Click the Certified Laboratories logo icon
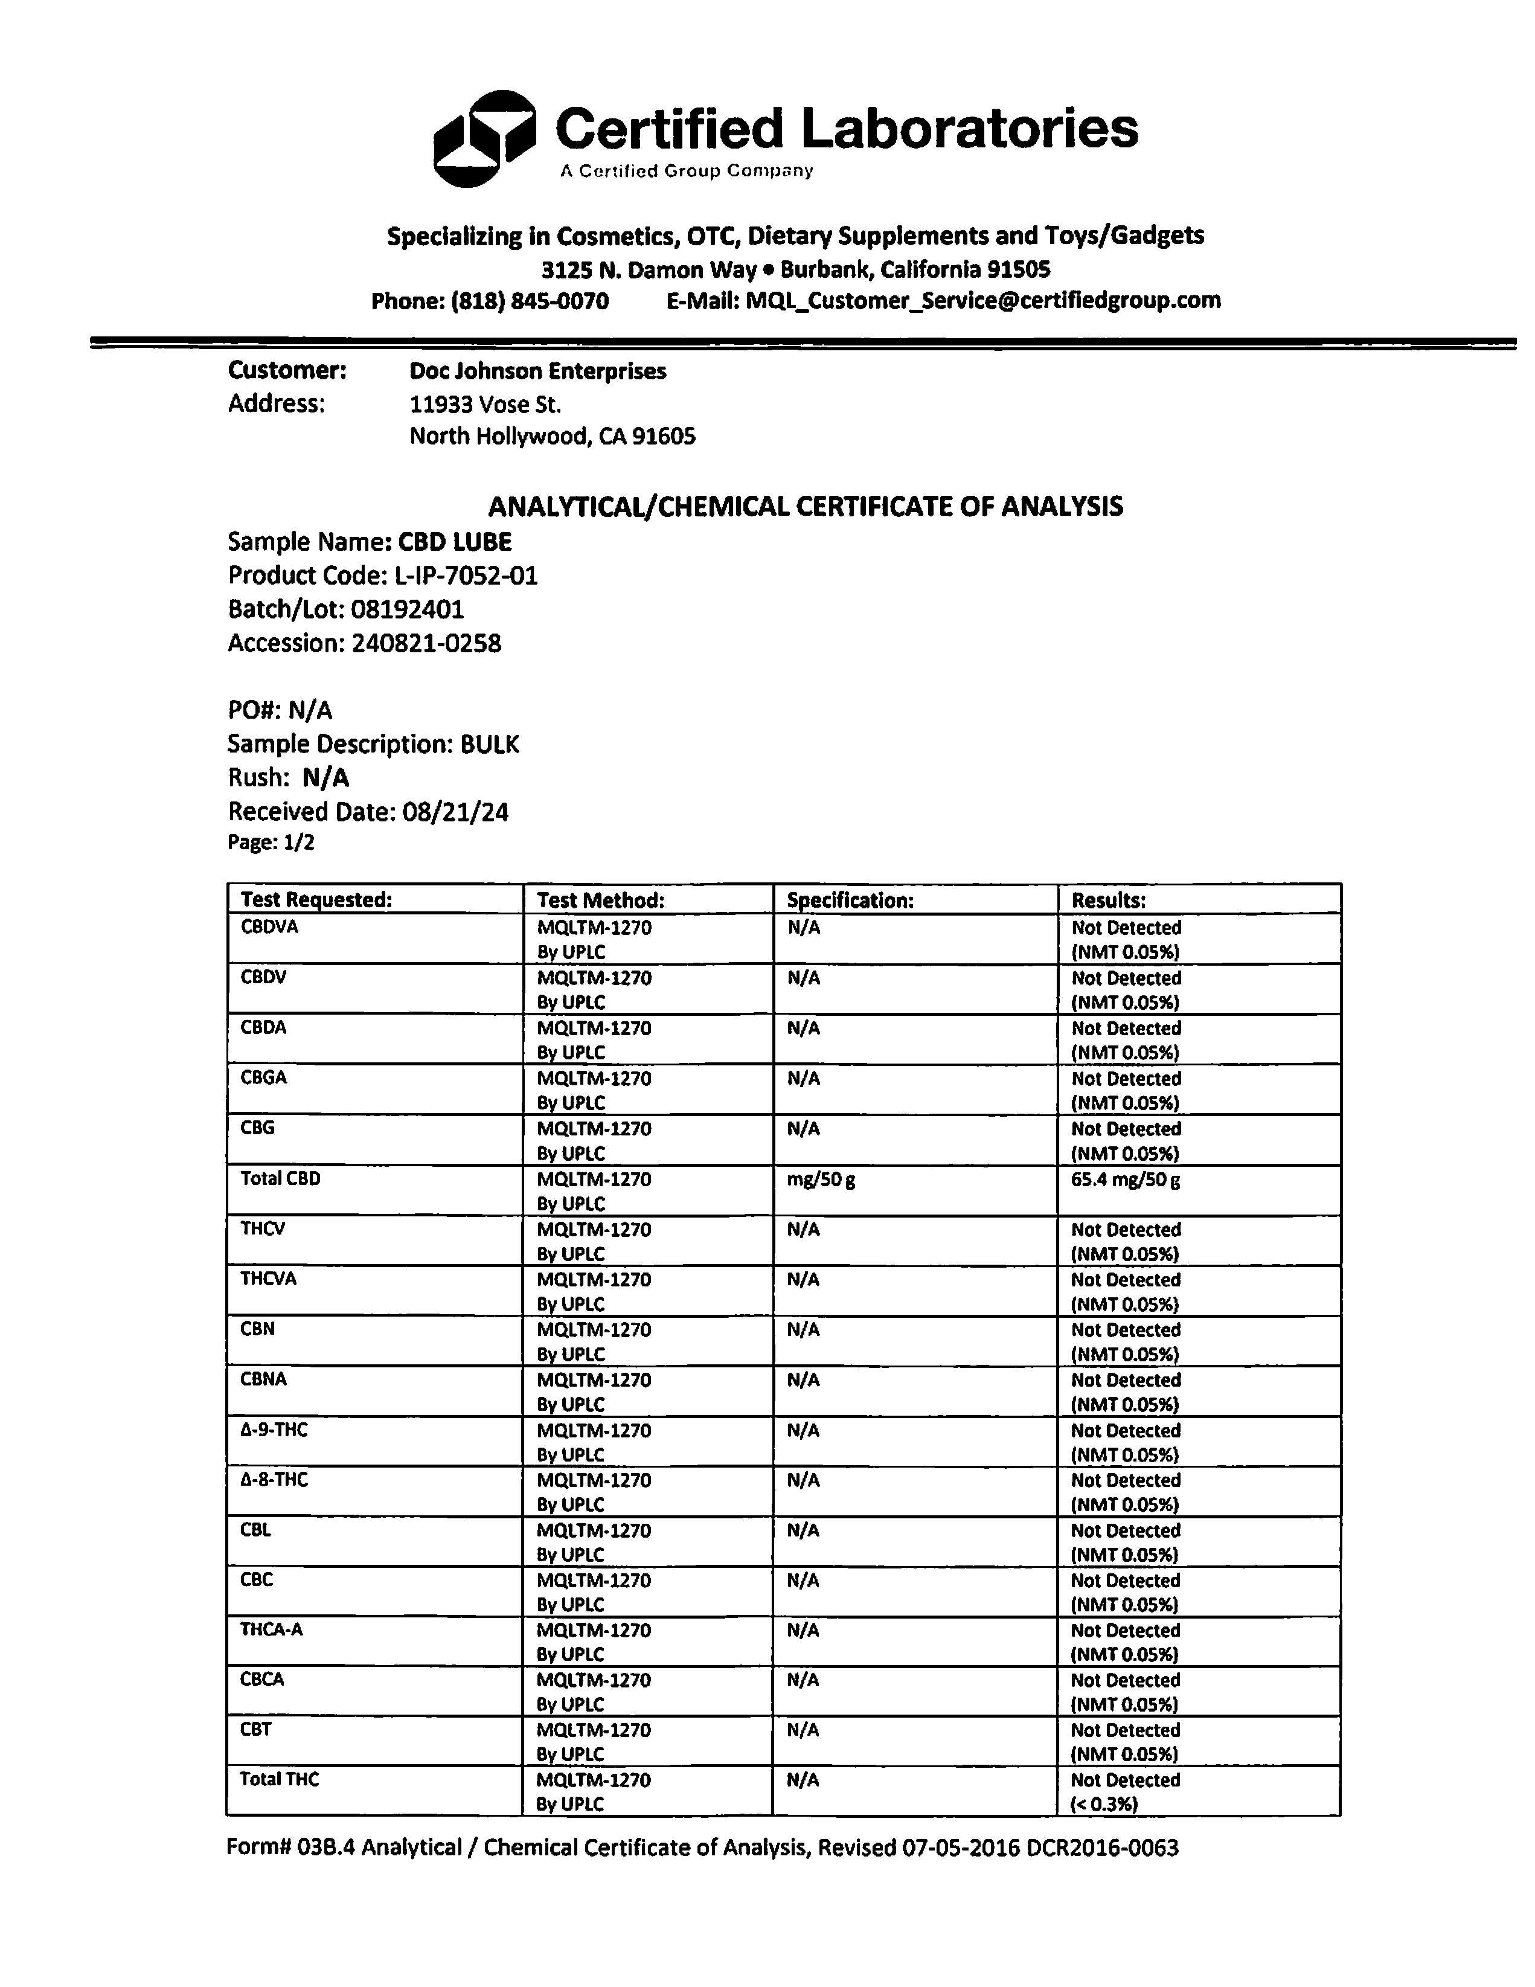483,138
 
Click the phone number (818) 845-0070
530,301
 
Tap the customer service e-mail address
982,300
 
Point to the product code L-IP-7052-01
466,576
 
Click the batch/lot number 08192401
407,609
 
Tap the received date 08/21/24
455,812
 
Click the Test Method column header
600,900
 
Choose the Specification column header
850,900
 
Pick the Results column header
1108,900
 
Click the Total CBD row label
280,1178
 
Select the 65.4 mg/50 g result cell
1126,1180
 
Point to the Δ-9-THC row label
274,1430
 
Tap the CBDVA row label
269,927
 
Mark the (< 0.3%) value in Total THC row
1104,1803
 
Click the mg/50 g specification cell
821,1180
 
